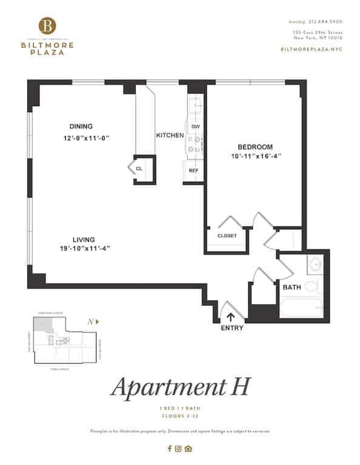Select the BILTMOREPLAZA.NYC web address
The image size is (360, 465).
tap(312, 48)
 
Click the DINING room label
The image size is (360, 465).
tap(81, 127)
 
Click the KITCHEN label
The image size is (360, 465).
tap(170, 136)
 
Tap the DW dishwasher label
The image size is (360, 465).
tap(195, 127)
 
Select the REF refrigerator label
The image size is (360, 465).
tap(193, 170)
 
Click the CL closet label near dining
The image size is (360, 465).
tap(139, 169)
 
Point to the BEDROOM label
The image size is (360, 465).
tap(255, 147)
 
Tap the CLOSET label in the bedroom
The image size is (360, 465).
tap(227, 236)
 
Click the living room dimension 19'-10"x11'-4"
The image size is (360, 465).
tap(85, 249)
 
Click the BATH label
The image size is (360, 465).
tap(292, 286)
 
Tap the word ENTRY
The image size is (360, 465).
tap(232, 328)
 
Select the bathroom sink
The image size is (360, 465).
tap(315, 264)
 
